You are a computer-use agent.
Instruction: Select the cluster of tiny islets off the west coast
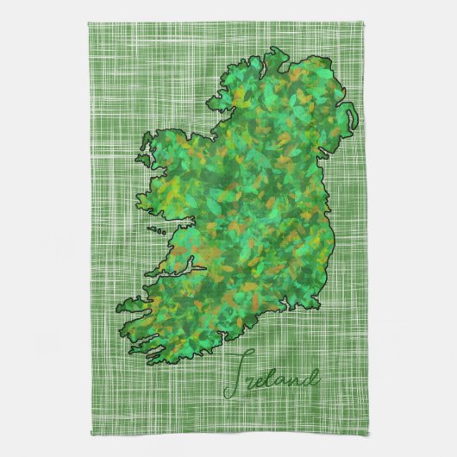coord(157,230)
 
